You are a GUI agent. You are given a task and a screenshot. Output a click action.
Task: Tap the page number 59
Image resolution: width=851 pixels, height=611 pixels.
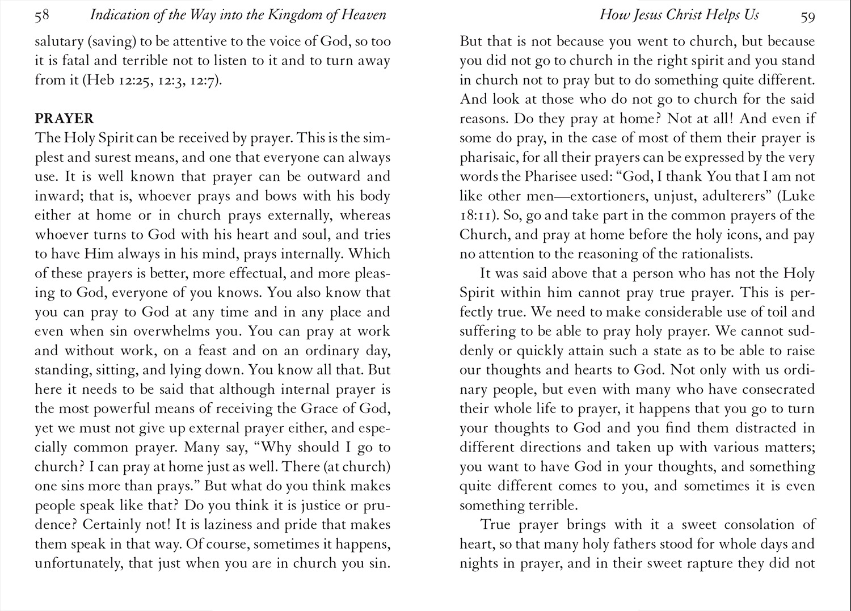pyautogui.click(x=807, y=16)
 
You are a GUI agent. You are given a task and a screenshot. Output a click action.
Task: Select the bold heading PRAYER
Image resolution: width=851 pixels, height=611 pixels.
pyautogui.click(x=64, y=119)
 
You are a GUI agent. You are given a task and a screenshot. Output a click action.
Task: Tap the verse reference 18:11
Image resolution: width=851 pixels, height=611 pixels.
pyautogui.click(x=477, y=216)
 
